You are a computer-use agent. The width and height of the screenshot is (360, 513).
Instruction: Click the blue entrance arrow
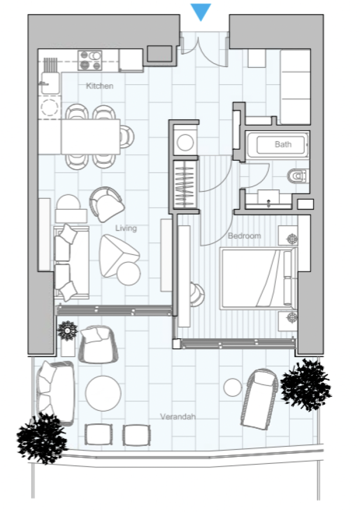[x=201, y=12]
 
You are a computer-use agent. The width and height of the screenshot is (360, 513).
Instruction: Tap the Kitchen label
[x=100, y=86]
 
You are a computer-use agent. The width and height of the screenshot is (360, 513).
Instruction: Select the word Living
[x=126, y=228]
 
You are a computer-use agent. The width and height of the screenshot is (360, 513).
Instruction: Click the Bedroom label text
[x=244, y=235]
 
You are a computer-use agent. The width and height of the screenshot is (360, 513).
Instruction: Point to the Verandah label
[x=178, y=416]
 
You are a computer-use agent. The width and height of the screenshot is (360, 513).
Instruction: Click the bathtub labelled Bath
[x=277, y=145]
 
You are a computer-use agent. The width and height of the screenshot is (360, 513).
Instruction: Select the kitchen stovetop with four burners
[x=90, y=61]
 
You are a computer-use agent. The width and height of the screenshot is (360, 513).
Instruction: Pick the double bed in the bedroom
[x=259, y=279]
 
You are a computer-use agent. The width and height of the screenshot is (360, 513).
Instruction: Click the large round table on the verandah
[x=103, y=393]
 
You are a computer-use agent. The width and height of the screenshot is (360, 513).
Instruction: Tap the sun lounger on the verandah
[x=260, y=399]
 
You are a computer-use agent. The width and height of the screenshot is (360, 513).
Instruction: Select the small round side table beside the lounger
[x=233, y=387]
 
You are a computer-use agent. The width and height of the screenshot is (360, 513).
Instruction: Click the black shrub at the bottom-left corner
[x=42, y=437]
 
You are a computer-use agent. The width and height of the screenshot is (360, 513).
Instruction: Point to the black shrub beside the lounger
[x=306, y=384]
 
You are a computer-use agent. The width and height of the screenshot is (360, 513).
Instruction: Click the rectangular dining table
[x=91, y=137]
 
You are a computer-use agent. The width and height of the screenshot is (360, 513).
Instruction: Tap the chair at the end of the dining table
[x=127, y=137]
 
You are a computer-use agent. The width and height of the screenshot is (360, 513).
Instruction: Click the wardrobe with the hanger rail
[x=185, y=184]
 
